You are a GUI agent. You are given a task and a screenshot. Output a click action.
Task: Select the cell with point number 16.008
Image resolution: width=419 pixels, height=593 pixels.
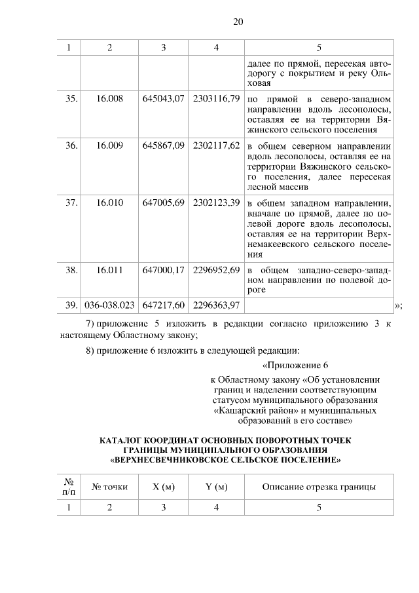tap(109, 98)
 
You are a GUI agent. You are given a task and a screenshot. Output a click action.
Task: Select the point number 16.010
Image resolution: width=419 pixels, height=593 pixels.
tap(109, 202)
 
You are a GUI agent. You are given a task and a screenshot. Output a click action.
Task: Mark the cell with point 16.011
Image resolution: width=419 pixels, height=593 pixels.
tap(109, 269)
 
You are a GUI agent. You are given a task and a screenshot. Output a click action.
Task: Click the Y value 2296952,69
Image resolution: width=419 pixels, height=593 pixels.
tap(216, 269)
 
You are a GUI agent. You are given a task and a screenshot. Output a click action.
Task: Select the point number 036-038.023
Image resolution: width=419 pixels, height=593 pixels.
tap(109, 305)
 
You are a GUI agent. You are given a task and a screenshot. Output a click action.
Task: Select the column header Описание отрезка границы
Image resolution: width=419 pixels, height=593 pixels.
tap(319, 487)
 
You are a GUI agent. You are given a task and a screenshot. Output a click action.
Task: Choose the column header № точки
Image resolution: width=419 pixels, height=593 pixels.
tap(109, 487)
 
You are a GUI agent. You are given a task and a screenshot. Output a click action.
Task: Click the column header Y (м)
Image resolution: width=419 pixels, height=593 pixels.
tap(216, 487)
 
